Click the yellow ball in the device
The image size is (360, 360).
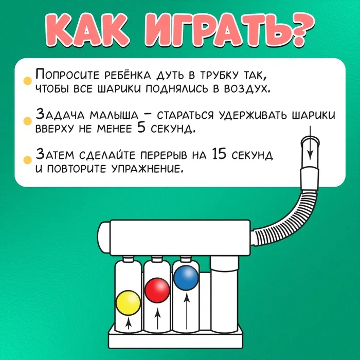128,302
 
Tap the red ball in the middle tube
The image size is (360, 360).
157,290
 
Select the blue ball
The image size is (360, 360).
186,278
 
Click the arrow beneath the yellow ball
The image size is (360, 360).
129,323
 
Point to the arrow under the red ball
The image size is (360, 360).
157,318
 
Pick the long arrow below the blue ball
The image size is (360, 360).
187,311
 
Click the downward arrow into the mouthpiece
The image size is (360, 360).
310,142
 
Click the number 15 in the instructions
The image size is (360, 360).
219,154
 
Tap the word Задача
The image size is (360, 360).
60,115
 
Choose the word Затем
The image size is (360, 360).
55,154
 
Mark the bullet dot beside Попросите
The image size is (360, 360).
28,81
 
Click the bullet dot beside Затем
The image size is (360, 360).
28,160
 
